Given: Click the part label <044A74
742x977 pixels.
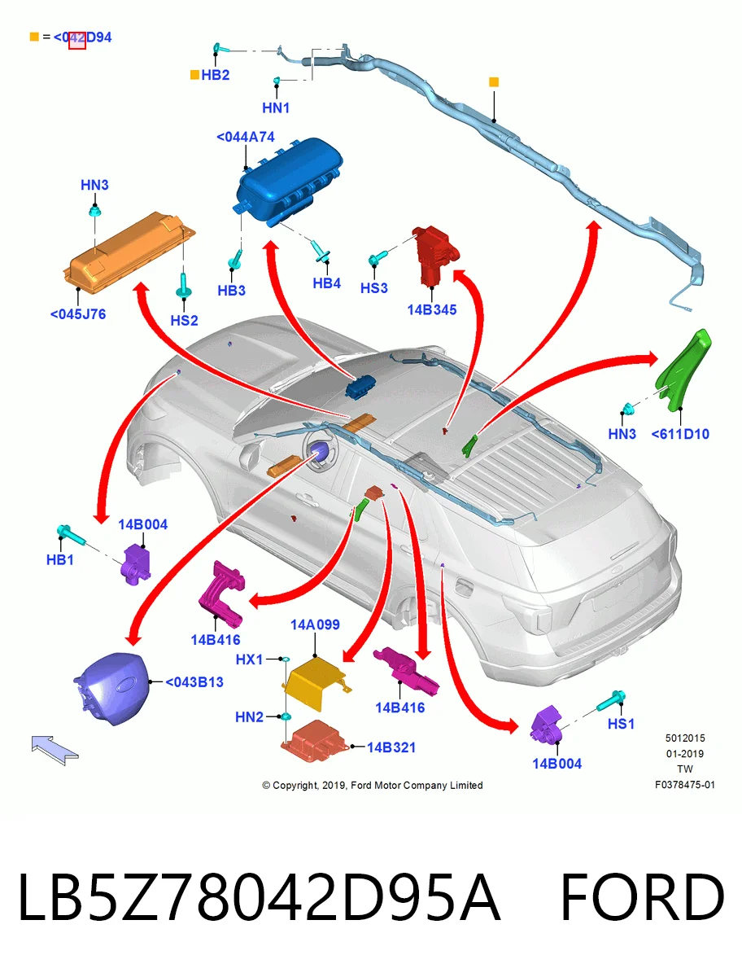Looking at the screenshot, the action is (x=246, y=137).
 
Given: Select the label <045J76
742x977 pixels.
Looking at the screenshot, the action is (x=78, y=314).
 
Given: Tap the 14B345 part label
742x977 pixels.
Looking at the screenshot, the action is (x=432, y=310).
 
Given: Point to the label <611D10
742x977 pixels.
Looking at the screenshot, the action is (x=680, y=434).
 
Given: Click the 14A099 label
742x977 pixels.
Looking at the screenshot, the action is (x=315, y=625).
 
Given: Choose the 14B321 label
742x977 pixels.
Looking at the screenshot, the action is (x=391, y=747).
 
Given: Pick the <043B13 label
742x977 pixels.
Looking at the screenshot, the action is (x=194, y=682).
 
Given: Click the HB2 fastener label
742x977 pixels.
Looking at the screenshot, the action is (x=215, y=75).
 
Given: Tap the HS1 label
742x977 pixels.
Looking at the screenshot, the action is (x=621, y=724).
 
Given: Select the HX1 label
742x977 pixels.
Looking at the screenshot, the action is (x=249, y=659).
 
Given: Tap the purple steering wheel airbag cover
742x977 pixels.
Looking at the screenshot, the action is (x=111, y=688).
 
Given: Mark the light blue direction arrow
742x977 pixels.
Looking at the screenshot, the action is (x=55, y=750).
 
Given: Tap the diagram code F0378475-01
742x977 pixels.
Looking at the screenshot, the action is (x=685, y=785).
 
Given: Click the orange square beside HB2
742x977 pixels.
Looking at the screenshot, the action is (x=194, y=75).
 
